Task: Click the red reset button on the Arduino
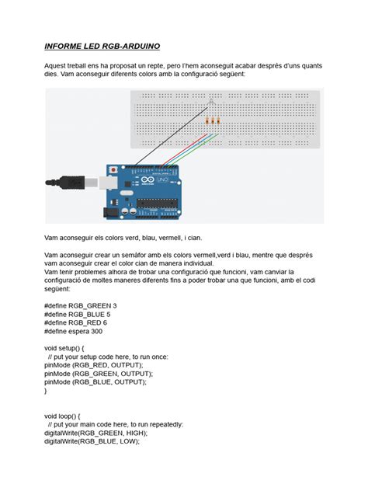pyautogui.click(x=115, y=169)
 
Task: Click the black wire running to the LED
pyautogui.click(x=171, y=133)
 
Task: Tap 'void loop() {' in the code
pyautogui.click(x=67, y=416)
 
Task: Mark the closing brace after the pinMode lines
pyautogui.click(x=47, y=391)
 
